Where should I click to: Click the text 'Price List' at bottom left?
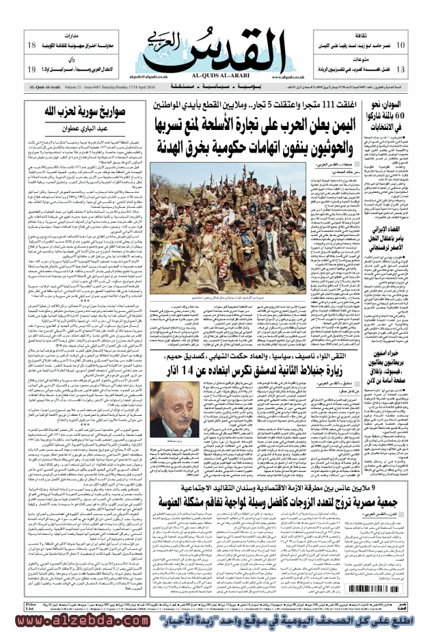coord(30,608)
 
